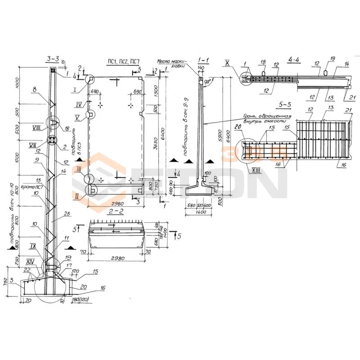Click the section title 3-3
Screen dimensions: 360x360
pos(53,58)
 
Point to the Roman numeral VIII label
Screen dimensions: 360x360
pos(38,127)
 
